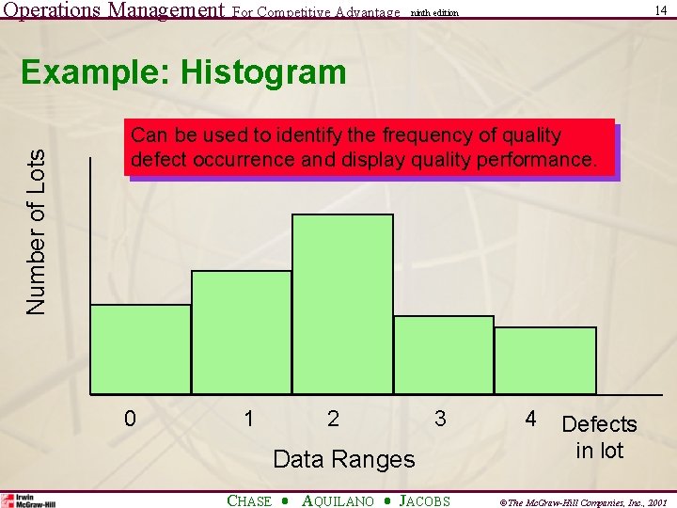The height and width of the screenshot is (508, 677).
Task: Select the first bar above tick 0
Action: (140, 348)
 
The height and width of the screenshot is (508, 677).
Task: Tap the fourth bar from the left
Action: (443, 354)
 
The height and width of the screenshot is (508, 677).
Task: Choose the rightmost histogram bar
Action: (545, 359)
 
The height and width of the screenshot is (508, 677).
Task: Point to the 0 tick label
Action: (131, 418)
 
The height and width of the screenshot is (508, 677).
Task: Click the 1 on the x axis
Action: (248, 418)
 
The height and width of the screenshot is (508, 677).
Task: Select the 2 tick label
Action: (334, 418)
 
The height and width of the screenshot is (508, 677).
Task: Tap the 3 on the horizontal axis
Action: (440, 418)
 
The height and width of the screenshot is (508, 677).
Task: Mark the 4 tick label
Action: (531, 418)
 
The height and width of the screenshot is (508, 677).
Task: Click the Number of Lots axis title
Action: (36, 231)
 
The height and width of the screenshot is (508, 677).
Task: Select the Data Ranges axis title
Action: (343, 459)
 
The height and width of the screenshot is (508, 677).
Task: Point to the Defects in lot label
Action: (599, 437)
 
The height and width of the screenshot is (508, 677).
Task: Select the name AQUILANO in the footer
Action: (338, 500)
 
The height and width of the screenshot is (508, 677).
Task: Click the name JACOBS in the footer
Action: (425, 500)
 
